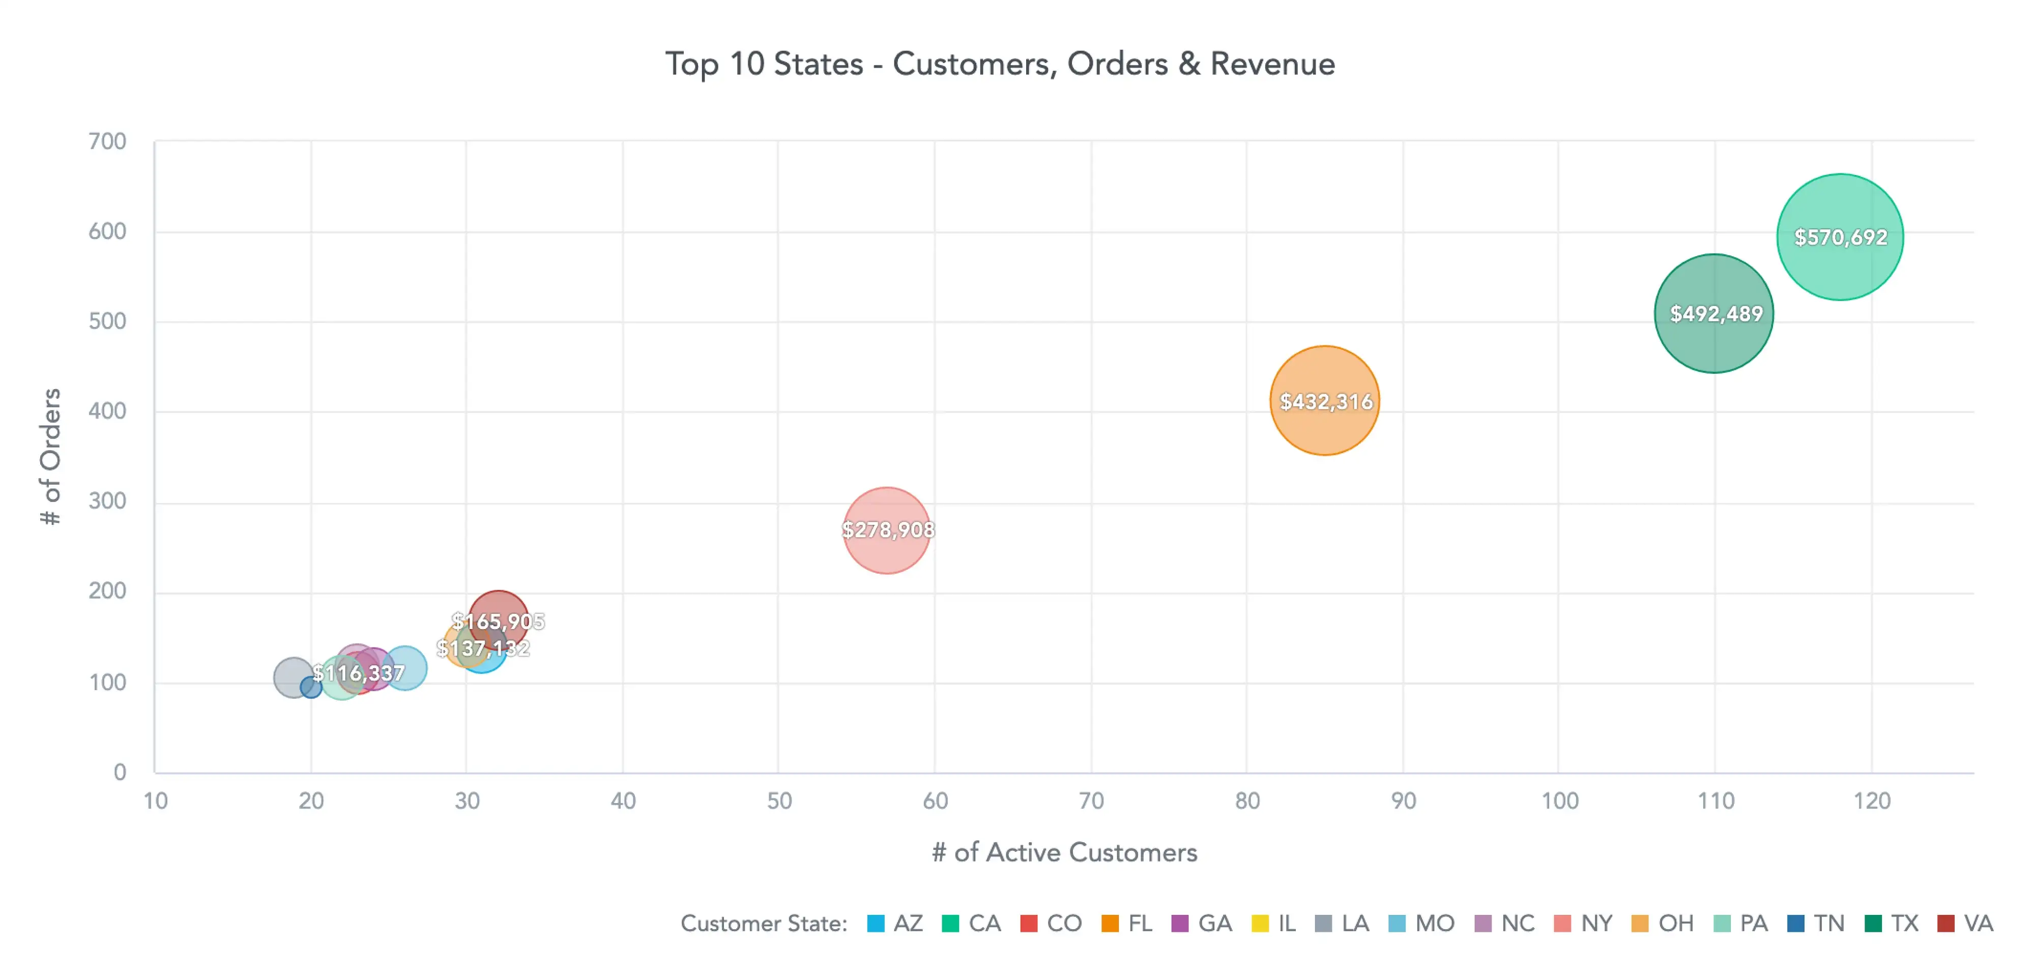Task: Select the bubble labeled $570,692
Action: click(1839, 237)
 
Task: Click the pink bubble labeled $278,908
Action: click(887, 530)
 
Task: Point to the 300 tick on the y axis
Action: click(107, 501)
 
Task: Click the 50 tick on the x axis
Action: click(779, 801)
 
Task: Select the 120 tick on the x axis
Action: click(1872, 801)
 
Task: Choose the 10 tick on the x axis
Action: click(156, 801)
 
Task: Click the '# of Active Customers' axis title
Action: click(1064, 853)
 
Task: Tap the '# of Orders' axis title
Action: click(50, 457)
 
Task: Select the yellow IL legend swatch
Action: click(1260, 923)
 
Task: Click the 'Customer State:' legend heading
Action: click(763, 923)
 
